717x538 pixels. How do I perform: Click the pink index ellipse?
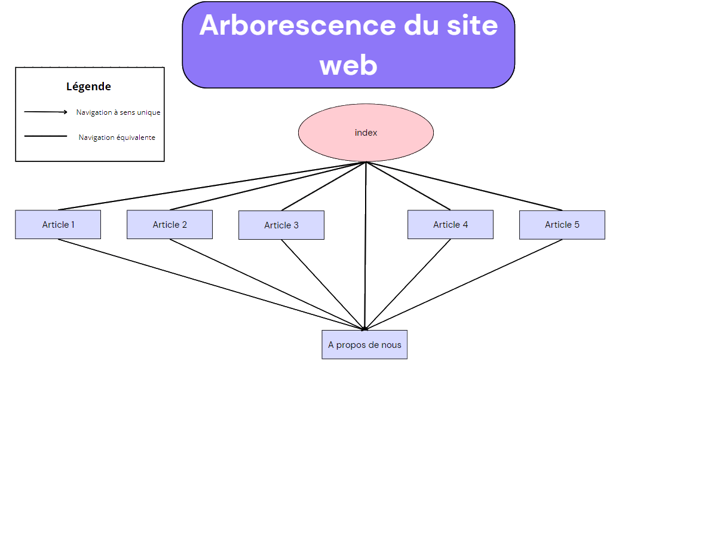pos(366,133)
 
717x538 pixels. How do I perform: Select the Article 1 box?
pos(58,225)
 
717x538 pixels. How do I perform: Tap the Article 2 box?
pos(170,225)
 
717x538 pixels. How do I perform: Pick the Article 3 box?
pos(281,225)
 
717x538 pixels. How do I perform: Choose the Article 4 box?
pos(451,225)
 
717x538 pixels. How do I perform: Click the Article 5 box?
pos(562,225)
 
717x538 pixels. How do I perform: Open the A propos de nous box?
pos(364,345)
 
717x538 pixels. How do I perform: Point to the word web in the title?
pos(348,65)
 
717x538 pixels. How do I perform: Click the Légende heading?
pos(88,87)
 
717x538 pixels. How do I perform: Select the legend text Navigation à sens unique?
pos(118,112)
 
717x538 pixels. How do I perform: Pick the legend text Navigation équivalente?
pos(117,137)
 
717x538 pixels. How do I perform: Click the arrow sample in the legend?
pos(46,112)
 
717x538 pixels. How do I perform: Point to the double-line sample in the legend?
pos(46,136)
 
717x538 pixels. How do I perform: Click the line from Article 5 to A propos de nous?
pos(463,285)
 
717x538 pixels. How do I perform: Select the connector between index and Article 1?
pos(212,187)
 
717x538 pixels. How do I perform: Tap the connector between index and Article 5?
pos(464,187)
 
